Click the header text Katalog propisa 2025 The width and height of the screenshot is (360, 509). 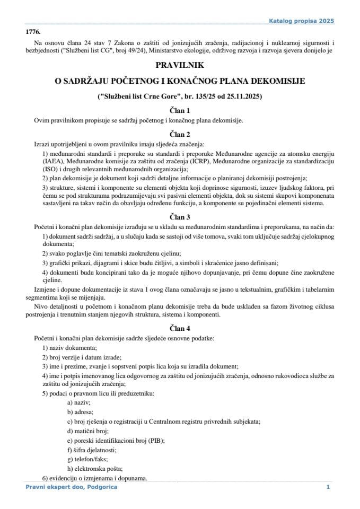[x=302, y=21]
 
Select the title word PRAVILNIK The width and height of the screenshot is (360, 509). [x=180, y=66]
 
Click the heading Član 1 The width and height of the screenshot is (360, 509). [x=180, y=110]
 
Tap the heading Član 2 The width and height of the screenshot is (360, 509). [x=180, y=134]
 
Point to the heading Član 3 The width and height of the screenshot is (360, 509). [x=180, y=217]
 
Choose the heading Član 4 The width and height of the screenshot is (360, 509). [x=180, y=328]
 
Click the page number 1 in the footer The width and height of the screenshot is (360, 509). [x=328, y=487]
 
